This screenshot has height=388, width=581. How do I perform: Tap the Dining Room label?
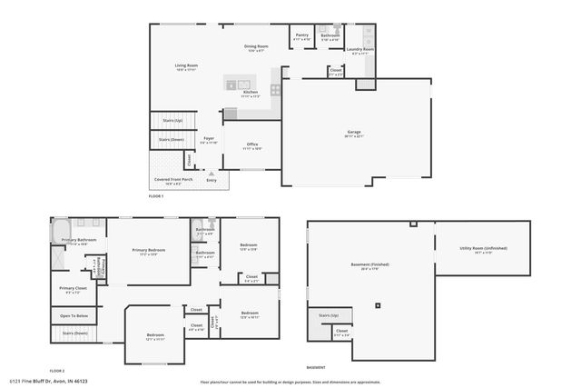click(x=256, y=47)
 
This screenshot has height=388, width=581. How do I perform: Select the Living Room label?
click(x=186, y=65)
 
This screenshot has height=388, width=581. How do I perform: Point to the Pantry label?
click(x=301, y=36)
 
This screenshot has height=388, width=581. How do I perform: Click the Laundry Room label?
click(x=360, y=51)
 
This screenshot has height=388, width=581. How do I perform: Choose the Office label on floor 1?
click(x=252, y=145)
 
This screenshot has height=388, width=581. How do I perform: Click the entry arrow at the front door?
click(x=212, y=172)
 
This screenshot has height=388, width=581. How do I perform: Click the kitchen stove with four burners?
click(x=274, y=89)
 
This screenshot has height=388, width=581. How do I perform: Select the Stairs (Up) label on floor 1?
click(x=172, y=119)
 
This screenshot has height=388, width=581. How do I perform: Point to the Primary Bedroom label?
click(x=149, y=251)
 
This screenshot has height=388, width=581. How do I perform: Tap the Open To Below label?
click(x=74, y=315)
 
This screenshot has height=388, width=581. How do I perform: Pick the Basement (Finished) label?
click(x=369, y=265)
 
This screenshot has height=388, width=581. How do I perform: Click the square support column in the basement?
click(x=379, y=305)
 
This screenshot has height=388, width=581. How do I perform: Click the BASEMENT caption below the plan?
click(x=315, y=367)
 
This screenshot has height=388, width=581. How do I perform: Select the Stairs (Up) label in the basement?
click(x=329, y=315)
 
